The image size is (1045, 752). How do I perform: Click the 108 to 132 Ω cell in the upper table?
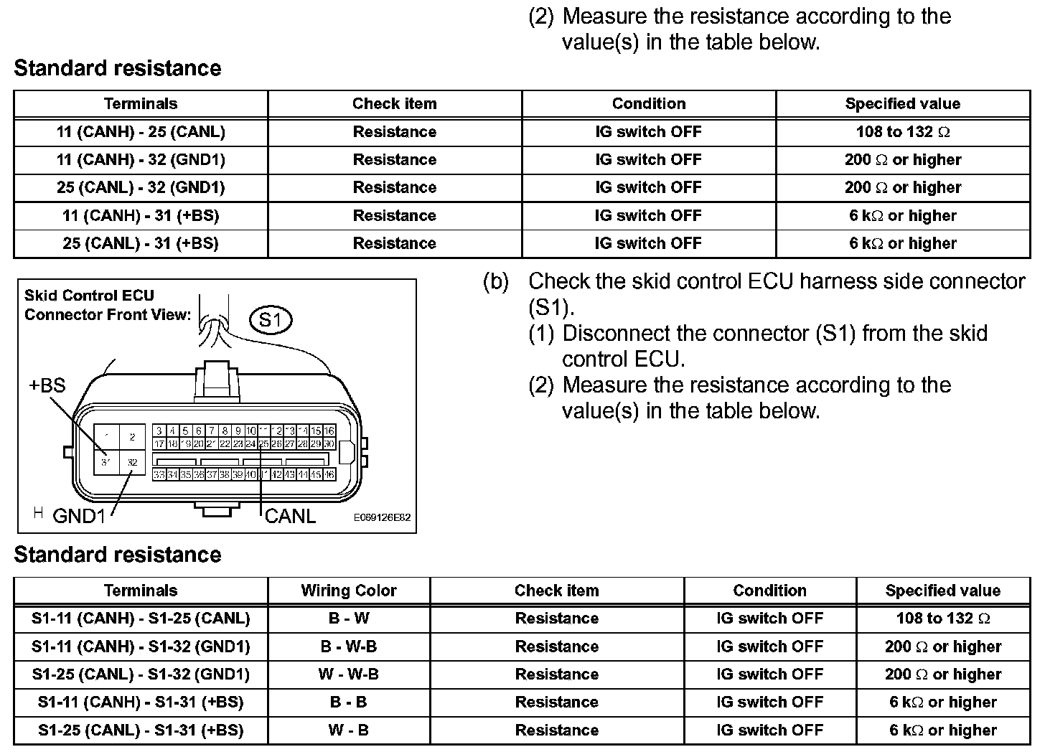902,132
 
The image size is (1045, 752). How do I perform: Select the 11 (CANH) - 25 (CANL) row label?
141,132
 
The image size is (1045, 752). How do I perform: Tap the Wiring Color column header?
349,591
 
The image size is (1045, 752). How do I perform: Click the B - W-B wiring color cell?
349,647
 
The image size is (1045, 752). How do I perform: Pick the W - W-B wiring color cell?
349,675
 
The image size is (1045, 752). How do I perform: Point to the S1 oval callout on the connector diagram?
270,320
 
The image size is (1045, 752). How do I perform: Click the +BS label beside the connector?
47,385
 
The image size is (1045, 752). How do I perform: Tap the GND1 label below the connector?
79,516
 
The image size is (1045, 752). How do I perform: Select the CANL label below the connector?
290,516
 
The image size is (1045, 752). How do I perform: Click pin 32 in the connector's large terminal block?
133,463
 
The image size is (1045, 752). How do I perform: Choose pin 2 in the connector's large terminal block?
133,436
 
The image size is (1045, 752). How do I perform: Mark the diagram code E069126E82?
382,517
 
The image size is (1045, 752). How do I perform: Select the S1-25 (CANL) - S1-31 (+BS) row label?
141,730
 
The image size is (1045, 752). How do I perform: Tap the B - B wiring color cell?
349,702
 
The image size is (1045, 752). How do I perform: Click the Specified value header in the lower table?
942,591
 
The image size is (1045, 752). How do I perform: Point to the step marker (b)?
496,282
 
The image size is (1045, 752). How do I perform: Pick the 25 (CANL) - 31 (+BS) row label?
141,244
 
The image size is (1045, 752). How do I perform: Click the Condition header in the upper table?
648,104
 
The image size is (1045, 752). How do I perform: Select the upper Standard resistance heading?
118,69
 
